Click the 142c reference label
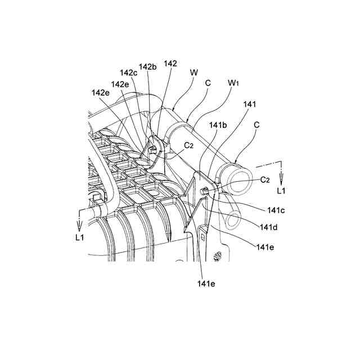click(x=128, y=73)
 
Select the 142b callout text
click(x=147, y=67)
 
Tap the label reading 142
click(x=170, y=64)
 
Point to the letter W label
click(x=195, y=73)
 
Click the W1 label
click(x=235, y=82)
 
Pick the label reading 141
click(x=250, y=104)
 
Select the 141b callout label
click(x=218, y=125)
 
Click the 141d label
click(x=267, y=227)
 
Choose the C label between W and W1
click(x=208, y=82)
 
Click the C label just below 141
click(x=257, y=124)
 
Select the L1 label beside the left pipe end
click(x=80, y=237)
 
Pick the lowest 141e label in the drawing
click(x=206, y=283)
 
